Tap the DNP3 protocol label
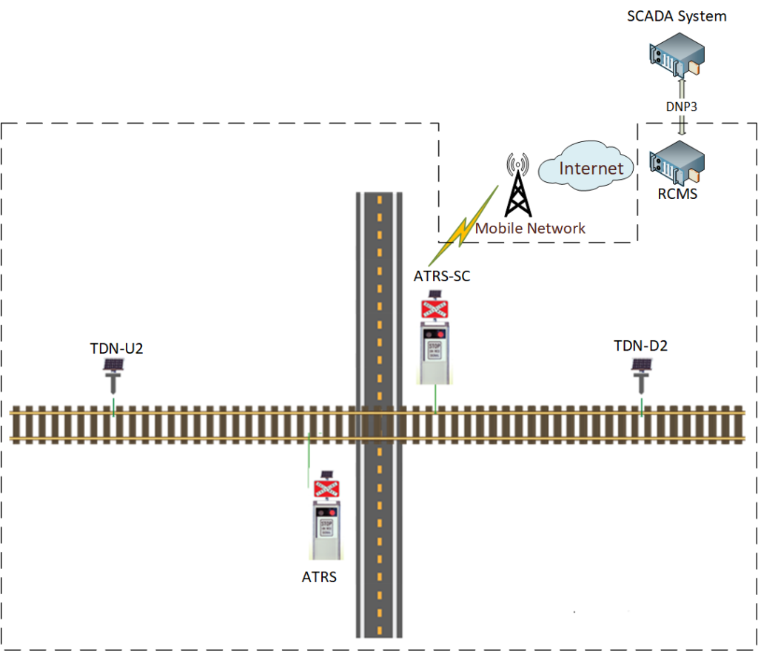681,106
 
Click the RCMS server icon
676,166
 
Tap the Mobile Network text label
530,229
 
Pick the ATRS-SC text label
442,277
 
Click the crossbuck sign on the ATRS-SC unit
435,308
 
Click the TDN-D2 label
641,345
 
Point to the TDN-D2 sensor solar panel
642,365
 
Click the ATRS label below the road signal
319,577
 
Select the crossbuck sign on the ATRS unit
326,488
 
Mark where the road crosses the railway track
379,424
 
